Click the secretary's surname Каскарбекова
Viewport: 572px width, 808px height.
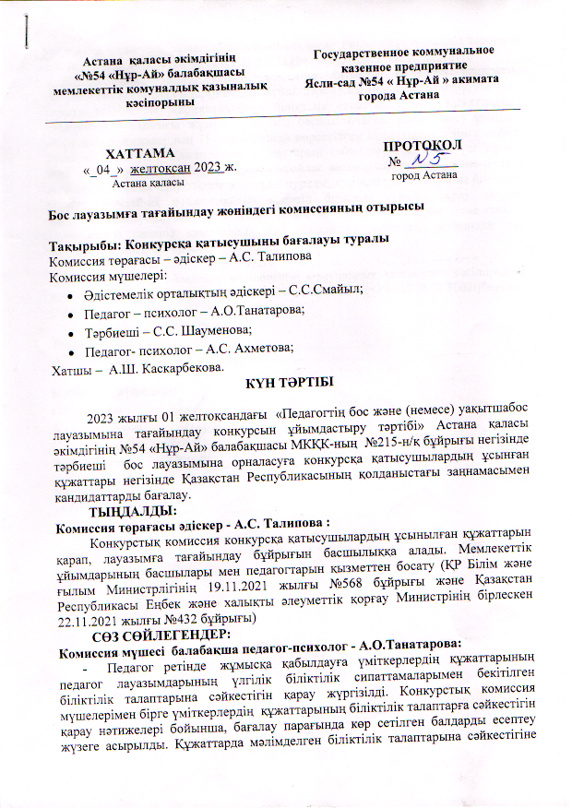click(x=170, y=368)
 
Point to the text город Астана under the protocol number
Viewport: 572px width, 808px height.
click(x=424, y=174)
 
